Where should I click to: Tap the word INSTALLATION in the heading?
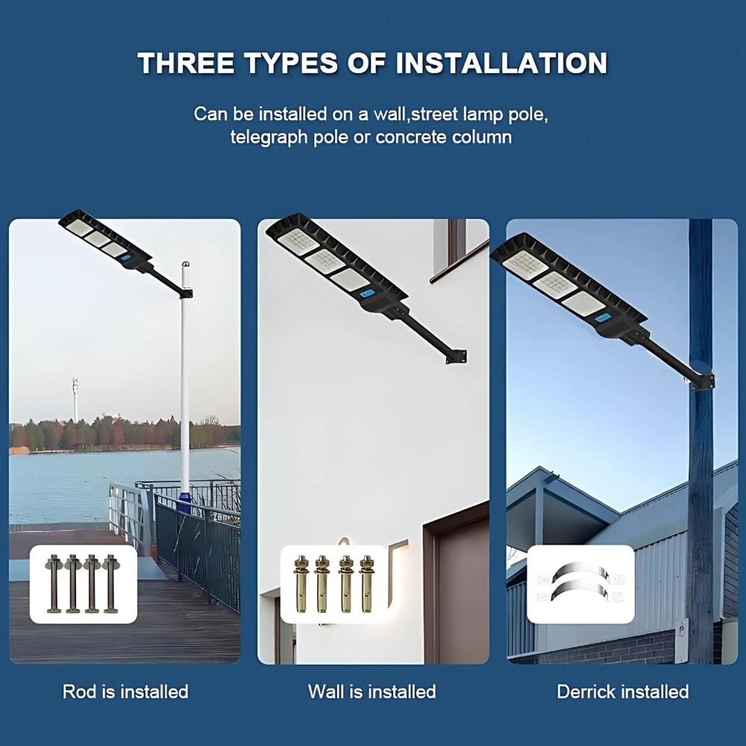(x=501, y=63)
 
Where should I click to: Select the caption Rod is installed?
(x=125, y=692)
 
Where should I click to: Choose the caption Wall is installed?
(x=372, y=692)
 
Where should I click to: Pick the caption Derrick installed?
(x=623, y=692)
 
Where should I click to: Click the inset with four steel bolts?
(x=84, y=583)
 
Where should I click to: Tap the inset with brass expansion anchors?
(x=334, y=583)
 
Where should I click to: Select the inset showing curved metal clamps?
(x=580, y=583)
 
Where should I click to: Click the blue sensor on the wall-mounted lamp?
(x=367, y=293)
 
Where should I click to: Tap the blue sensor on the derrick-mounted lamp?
(x=602, y=319)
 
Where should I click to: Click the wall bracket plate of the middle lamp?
(x=454, y=357)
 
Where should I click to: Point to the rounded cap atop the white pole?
(x=185, y=265)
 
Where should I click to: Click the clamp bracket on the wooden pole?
(x=702, y=381)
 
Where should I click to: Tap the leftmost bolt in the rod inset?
(x=54, y=583)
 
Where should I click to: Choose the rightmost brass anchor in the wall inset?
(x=366, y=583)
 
